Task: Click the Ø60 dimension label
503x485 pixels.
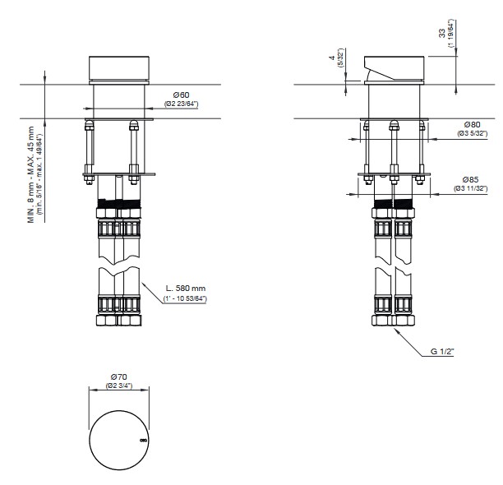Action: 182,95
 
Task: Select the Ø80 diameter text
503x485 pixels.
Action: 473,124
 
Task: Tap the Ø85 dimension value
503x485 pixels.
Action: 471,180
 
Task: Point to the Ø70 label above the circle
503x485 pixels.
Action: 118,376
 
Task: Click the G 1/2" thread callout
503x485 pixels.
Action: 442,352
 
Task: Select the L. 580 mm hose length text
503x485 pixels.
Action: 186,288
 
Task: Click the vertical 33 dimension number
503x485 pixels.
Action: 442,34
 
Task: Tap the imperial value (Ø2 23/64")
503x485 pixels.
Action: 182,104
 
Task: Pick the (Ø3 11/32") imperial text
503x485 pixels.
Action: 471,188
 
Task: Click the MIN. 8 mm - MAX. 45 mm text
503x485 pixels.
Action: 30,174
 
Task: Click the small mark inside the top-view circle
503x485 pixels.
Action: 143,440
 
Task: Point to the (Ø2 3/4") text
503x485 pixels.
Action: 118,386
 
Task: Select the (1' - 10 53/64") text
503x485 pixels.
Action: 185,298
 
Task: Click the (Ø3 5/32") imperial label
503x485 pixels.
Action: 473,133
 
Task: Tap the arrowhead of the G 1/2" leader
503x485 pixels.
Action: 396,330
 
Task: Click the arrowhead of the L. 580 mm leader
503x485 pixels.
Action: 143,284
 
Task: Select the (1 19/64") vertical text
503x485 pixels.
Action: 451,34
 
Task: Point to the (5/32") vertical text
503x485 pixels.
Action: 340,58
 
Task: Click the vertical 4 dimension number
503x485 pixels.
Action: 332,58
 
